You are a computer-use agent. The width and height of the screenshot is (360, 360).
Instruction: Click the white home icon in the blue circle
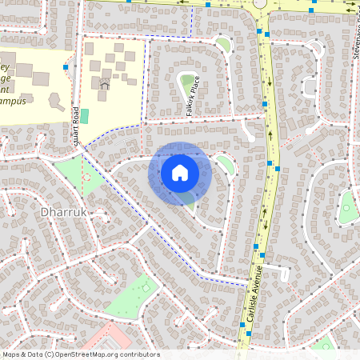pyautogui.click(x=180, y=172)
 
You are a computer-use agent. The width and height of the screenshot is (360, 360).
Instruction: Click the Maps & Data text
pyautogui.click(x=22, y=354)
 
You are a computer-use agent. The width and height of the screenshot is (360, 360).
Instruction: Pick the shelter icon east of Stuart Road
pyautogui.click(x=104, y=84)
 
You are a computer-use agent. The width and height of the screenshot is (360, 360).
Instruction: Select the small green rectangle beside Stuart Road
pyautogui.click(x=84, y=116)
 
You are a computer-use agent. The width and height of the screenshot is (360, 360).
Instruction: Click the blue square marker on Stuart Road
pyautogui.click(x=66, y=69)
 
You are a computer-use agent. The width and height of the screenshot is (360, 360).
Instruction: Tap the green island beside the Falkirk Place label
pyautogui.click(x=189, y=81)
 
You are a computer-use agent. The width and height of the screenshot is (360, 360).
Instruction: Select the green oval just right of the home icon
pyautogui.click(x=226, y=166)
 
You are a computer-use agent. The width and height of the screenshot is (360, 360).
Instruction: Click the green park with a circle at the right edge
pyautogui.click(x=347, y=209)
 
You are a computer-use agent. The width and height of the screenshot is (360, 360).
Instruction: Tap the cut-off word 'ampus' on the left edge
pyautogui.click(x=14, y=102)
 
